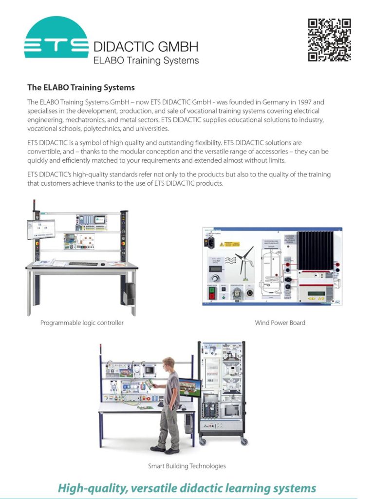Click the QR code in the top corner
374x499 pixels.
tap(329, 40)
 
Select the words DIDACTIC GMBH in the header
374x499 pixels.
tap(146, 47)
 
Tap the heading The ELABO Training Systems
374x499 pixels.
tap(81, 88)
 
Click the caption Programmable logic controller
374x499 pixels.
tap(82, 323)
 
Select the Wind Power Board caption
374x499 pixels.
tap(280, 323)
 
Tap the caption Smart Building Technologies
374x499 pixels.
tap(187, 466)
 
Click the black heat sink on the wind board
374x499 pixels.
tap(315, 250)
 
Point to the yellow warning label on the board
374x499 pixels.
tap(229, 243)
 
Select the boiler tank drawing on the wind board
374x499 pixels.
tap(271, 272)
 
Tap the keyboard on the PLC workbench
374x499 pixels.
tap(83, 264)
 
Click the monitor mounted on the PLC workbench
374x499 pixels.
tap(41, 229)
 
